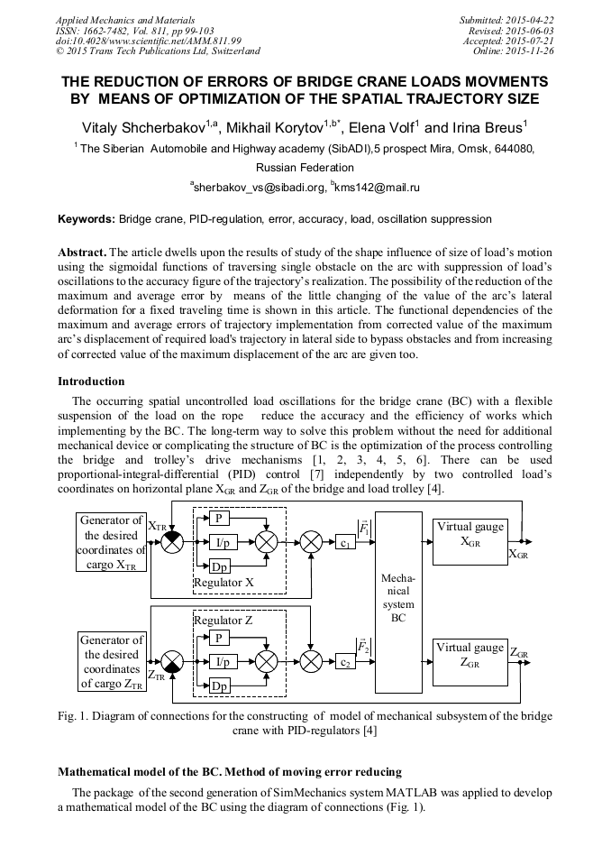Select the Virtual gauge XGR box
[x=470, y=539]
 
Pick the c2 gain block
[x=345, y=663]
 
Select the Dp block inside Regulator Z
[x=219, y=686]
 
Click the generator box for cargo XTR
[x=112, y=542]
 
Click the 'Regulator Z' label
[x=223, y=621]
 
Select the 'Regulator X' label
[x=223, y=583]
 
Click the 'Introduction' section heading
[x=91, y=382]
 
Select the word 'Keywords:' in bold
[x=87, y=219]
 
